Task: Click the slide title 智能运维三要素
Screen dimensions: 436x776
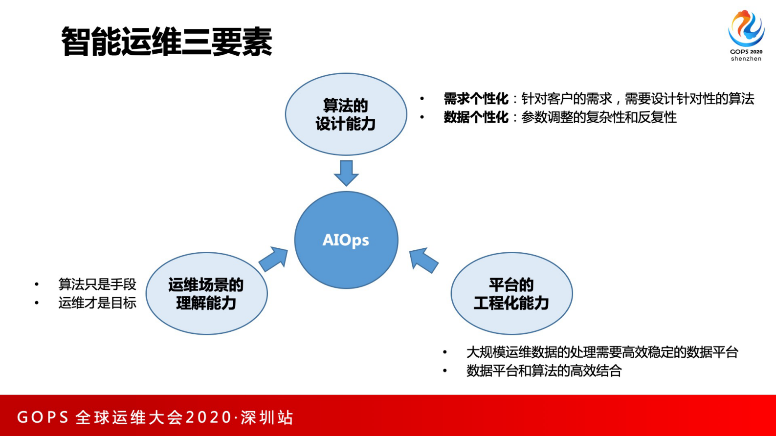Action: point(166,42)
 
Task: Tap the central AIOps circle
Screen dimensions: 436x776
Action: point(346,240)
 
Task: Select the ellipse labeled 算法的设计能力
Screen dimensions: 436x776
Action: point(346,114)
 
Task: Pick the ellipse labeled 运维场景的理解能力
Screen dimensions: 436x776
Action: point(206,293)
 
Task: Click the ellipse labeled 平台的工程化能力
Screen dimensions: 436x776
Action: point(511,293)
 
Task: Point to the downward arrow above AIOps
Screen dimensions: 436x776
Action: point(346,173)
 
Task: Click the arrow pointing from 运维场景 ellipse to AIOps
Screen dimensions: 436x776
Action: point(274,259)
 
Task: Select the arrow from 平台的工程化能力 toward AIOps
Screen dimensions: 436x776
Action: point(422,260)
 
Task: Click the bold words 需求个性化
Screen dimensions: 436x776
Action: point(476,99)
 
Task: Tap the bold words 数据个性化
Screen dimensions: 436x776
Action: point(476,117)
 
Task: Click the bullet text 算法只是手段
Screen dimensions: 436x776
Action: point(97,284)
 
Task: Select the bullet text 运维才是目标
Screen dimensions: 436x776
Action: point(97,303)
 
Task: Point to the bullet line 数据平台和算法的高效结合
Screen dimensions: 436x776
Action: point(544,371)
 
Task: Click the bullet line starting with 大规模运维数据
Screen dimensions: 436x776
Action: point(602,352)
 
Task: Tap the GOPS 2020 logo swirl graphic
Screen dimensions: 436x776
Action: point(746,28)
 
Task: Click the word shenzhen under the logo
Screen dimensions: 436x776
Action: point(746,59)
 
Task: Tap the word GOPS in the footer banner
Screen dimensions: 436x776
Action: point(43,417)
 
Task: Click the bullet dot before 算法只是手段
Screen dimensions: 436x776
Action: point(37,284)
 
